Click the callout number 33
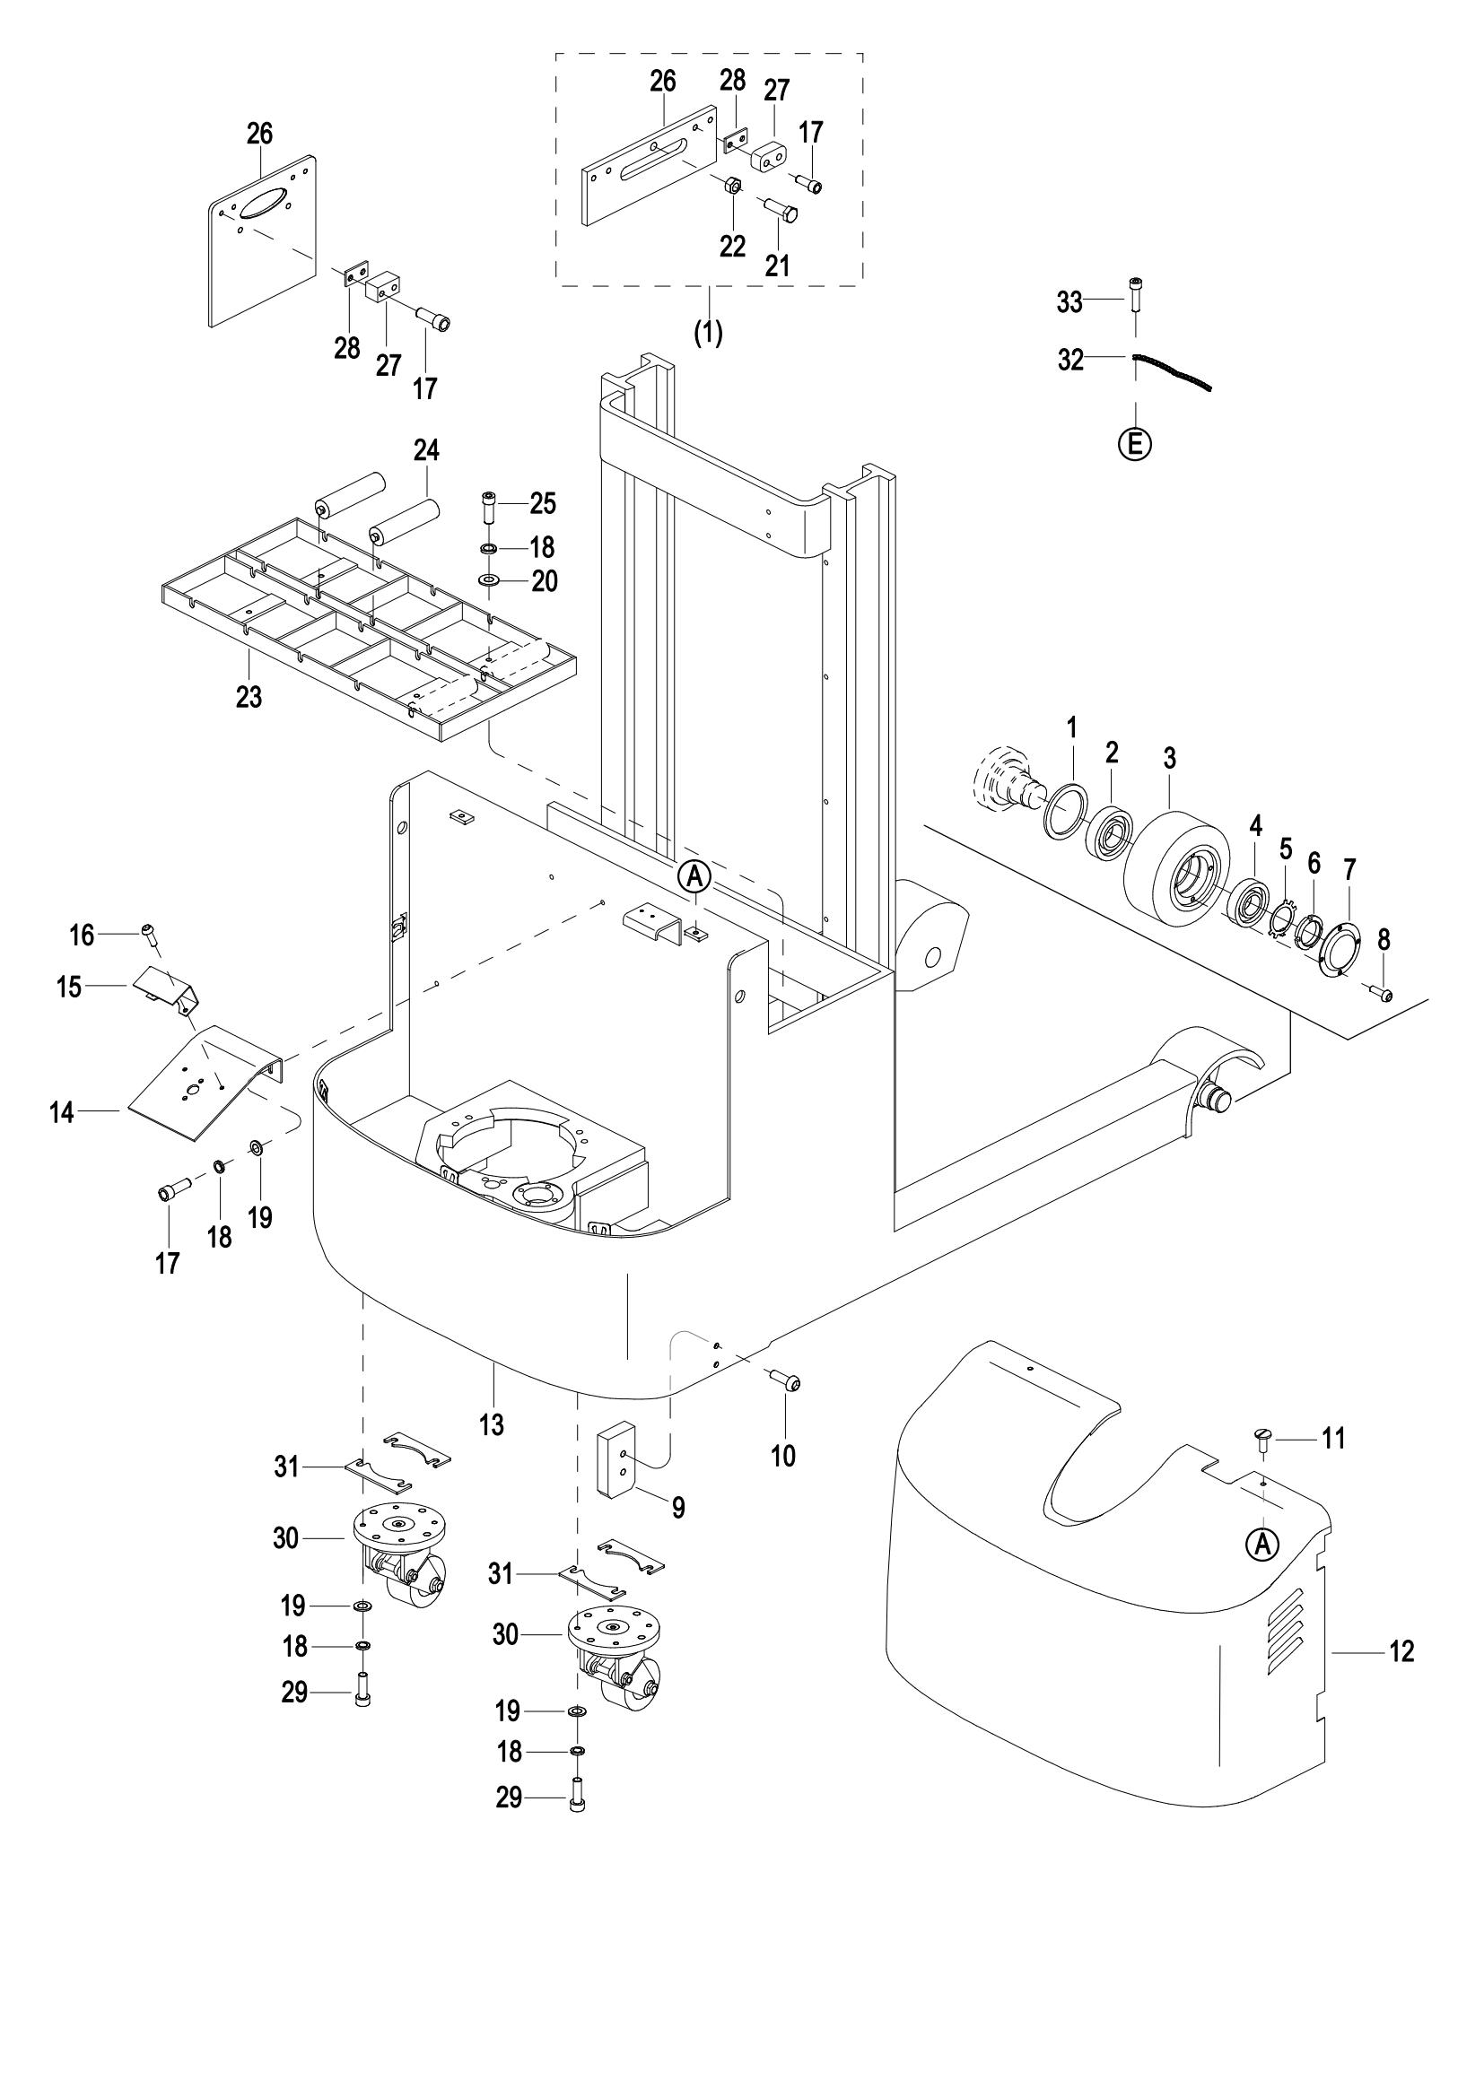coord(1069,301)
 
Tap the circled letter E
coord(1135,445)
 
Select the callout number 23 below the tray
coord(249,697)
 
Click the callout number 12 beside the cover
coord(1401,1651)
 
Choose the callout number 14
coord(61,1112)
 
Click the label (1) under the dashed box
coord(708,334)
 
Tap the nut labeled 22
coord(732,187)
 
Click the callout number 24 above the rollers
coord(426,449)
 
